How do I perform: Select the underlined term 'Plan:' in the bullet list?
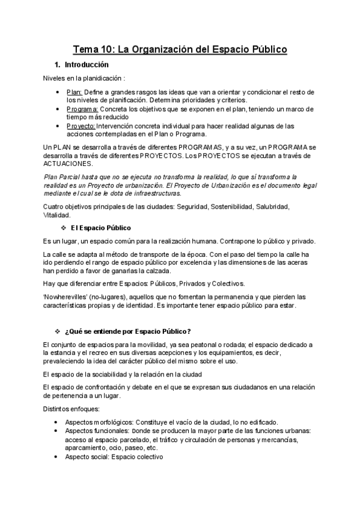pyautogui.click(x=74, y=92)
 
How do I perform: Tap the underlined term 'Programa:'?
pyautogui.click(x=82, y=109)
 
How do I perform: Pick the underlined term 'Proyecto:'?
pyautogui.click(x=81, y=126)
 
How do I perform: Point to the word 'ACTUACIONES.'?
pyautogui.click(x=68, y=164)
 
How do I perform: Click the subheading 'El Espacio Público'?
pyautogui.click(x=100, y=228)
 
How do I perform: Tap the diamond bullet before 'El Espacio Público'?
pyautogui.click(x=64, y=228)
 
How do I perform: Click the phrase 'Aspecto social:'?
pyautogui.click(x=87, y=456)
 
